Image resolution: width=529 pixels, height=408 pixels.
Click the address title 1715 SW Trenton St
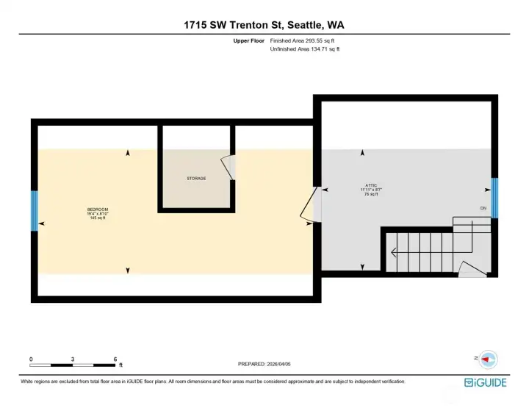click(264, 24)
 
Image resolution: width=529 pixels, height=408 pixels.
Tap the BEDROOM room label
click(97, 210)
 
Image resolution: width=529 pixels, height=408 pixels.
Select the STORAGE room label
click(195, 179)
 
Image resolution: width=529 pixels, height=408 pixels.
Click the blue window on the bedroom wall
click(34, 211)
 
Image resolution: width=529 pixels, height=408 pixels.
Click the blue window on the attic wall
click(494, 198)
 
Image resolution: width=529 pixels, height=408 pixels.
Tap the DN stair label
click(483, 209)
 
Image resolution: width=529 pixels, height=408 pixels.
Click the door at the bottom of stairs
click(470, 268)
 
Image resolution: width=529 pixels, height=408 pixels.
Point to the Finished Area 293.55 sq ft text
click(305, 41)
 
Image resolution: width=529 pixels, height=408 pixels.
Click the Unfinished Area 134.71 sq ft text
click(305, 49)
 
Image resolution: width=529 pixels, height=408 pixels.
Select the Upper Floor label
click(248, 41)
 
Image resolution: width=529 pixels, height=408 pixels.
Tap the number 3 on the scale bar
click(73, 359)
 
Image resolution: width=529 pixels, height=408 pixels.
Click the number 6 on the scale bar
click(115, 359)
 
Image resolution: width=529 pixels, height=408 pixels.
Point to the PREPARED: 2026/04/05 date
click(264, 364)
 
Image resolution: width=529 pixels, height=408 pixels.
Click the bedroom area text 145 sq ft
click(97, 218)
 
